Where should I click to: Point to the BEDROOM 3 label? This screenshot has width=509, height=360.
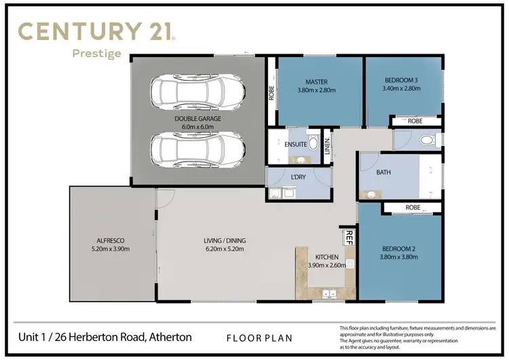click(x=400, y=80)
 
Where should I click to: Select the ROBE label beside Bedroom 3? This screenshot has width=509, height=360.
click(x=415, y=121)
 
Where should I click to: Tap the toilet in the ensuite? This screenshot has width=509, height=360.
click(x=313, y=143)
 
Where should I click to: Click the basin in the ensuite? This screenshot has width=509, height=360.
click(x=299, y=160)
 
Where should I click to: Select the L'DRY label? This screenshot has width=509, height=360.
click(x=297, y=177)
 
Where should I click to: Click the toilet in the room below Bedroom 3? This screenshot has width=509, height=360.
click(x=426, y=141)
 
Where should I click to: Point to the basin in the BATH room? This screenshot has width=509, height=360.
click(x=371, y=194)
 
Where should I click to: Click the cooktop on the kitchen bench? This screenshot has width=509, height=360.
click(x=350, y=263)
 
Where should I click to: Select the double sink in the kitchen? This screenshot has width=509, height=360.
click(x=328, y=293)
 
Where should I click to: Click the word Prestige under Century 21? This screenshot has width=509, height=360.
click(x=97, y=53)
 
